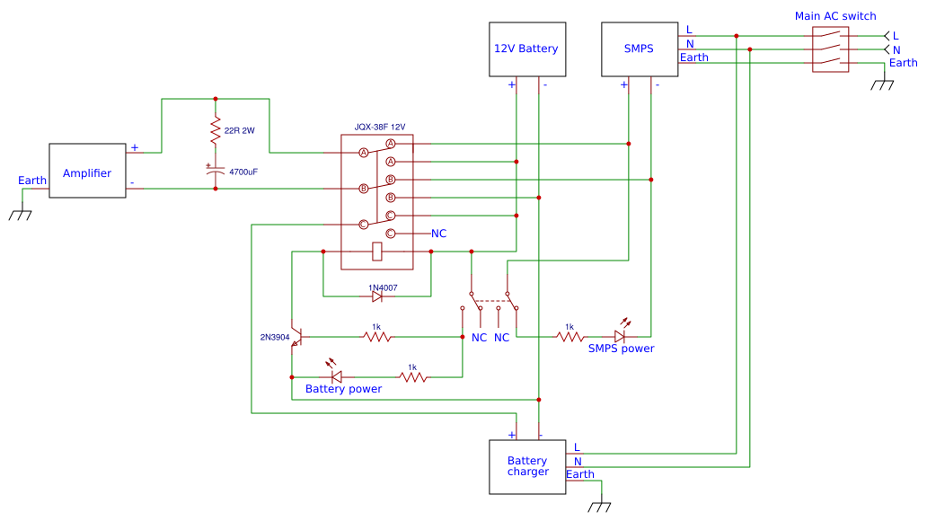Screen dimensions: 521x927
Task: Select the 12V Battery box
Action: pos(526,49)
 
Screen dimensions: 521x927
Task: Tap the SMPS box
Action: pos(639,49)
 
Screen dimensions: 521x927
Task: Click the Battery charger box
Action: pos(527,466)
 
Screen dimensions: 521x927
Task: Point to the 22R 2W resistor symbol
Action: pos(215,132)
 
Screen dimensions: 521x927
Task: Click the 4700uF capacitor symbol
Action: pos(215,169)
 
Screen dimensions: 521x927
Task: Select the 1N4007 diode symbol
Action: pos(377,296)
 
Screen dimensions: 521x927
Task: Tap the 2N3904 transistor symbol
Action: pos(296,337)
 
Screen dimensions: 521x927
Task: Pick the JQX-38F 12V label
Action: pos(380,127)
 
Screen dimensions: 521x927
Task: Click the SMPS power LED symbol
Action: pos(619,335)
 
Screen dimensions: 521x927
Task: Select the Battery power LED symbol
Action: pos(337,375)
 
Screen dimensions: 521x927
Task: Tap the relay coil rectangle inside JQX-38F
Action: pos(377,252)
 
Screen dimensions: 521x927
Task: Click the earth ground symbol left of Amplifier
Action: pos(21,214)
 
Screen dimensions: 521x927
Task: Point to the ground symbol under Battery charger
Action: pos(598,505)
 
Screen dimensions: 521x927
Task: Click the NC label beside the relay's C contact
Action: pos(438,234)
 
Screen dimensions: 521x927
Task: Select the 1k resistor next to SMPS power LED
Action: pos(569,337)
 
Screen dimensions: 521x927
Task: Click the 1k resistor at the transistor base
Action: pos(377,337)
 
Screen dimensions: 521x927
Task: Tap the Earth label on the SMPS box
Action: pos(693,57)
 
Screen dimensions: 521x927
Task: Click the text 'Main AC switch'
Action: pos(835,16)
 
